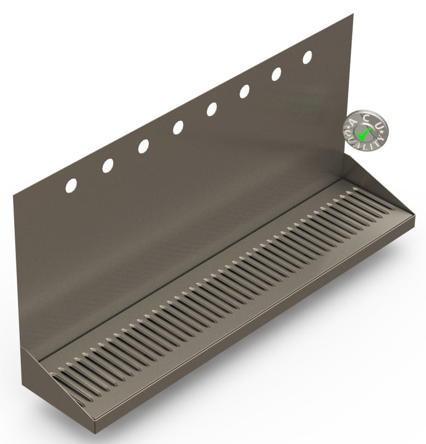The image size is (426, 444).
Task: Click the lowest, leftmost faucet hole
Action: (72, 185)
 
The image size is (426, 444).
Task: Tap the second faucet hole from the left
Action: (108, 165)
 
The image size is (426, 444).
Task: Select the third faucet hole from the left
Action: (143, 146)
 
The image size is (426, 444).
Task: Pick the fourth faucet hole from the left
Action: (178, 128)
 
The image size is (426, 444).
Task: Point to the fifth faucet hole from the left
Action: (212, 110)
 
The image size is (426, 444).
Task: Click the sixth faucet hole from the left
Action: (244, 92)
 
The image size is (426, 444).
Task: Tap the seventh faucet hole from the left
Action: (277, 74)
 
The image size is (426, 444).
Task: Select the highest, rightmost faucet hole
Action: (308, 57)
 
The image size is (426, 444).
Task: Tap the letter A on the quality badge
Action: (352, 121)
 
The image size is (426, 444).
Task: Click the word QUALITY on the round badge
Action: (361, 143)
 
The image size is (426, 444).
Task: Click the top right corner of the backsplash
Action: (353, 15)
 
